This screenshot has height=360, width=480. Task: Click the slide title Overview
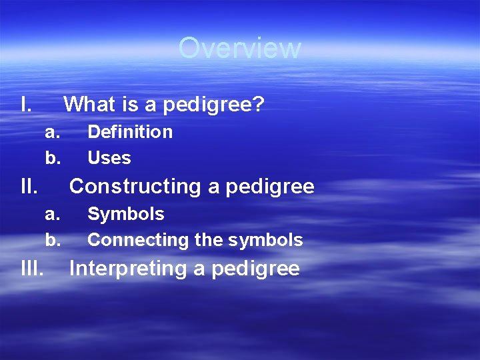coord(239,48)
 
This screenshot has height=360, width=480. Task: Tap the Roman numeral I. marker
coord(26,105)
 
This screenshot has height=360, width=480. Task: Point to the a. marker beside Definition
coord(53,132)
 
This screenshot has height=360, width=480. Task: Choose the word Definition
coord(130,132)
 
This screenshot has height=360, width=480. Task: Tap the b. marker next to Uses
coord(53,158)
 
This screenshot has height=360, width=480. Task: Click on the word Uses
coord(109,158)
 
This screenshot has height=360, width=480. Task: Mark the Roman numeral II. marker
coord(29,187)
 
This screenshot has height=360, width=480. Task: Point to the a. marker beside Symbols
coord(53,214)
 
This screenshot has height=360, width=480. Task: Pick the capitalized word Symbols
coord(126,214)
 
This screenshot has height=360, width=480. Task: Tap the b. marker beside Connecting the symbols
coord(53,240)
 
